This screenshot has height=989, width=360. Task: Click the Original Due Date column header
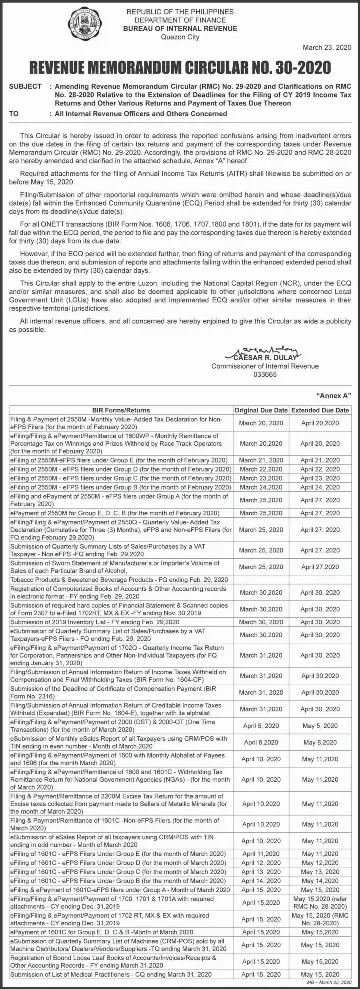coord(262,396)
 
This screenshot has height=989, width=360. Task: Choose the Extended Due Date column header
coord(320,396)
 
